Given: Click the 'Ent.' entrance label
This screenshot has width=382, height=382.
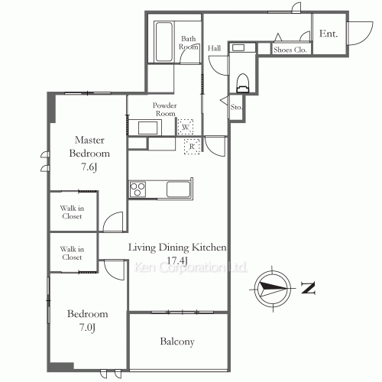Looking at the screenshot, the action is point(329,34).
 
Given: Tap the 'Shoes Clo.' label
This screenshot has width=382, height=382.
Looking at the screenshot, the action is point(290,50).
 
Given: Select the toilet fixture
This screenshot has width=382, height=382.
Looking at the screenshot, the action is point(242,83).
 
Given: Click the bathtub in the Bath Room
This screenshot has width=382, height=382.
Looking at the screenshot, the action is point(164,42).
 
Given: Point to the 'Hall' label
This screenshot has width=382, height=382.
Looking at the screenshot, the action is point(214,48).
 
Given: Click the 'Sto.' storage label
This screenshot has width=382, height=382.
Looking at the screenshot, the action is point(236,107).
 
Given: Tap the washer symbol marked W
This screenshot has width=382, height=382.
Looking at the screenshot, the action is point(186,127).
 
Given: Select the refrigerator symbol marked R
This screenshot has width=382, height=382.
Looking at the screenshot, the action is point(192,147).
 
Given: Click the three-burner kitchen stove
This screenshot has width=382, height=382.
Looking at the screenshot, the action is point(138,189).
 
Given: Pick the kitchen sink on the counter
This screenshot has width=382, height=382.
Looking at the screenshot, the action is point(179,189).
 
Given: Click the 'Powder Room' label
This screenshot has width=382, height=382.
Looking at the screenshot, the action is point(165,109).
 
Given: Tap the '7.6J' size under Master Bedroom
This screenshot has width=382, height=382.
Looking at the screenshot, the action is point(89,167).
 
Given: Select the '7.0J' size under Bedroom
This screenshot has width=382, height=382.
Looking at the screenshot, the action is point(87,327).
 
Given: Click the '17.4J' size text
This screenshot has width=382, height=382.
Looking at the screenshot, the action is point(177,261).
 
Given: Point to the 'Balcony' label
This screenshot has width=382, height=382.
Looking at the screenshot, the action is point(177,342).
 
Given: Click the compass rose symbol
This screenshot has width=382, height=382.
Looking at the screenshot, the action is point(273,289).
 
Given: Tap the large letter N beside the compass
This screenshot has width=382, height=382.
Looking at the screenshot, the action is point(309,288).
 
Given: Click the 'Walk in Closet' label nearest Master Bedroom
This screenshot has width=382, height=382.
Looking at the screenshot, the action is point(72,212).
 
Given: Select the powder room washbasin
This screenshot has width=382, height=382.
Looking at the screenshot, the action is point(147,128).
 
